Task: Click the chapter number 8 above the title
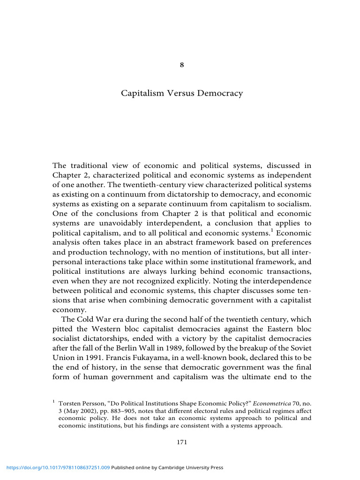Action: tap(182, 65)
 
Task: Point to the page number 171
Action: tap(182, 442)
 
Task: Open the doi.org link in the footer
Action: tap(57, 467)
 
